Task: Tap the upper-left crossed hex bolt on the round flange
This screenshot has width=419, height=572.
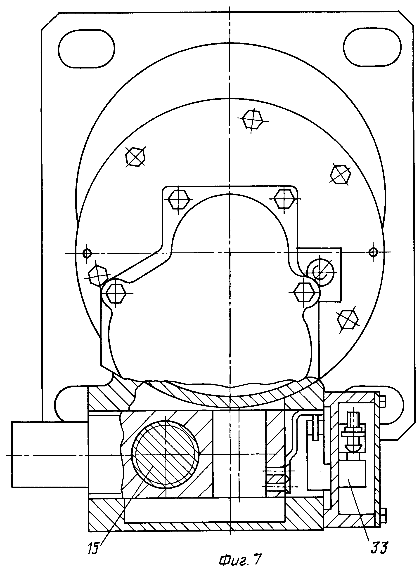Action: tap(136, 157)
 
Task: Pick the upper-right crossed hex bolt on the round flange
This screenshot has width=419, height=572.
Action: tap(341, 174)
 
